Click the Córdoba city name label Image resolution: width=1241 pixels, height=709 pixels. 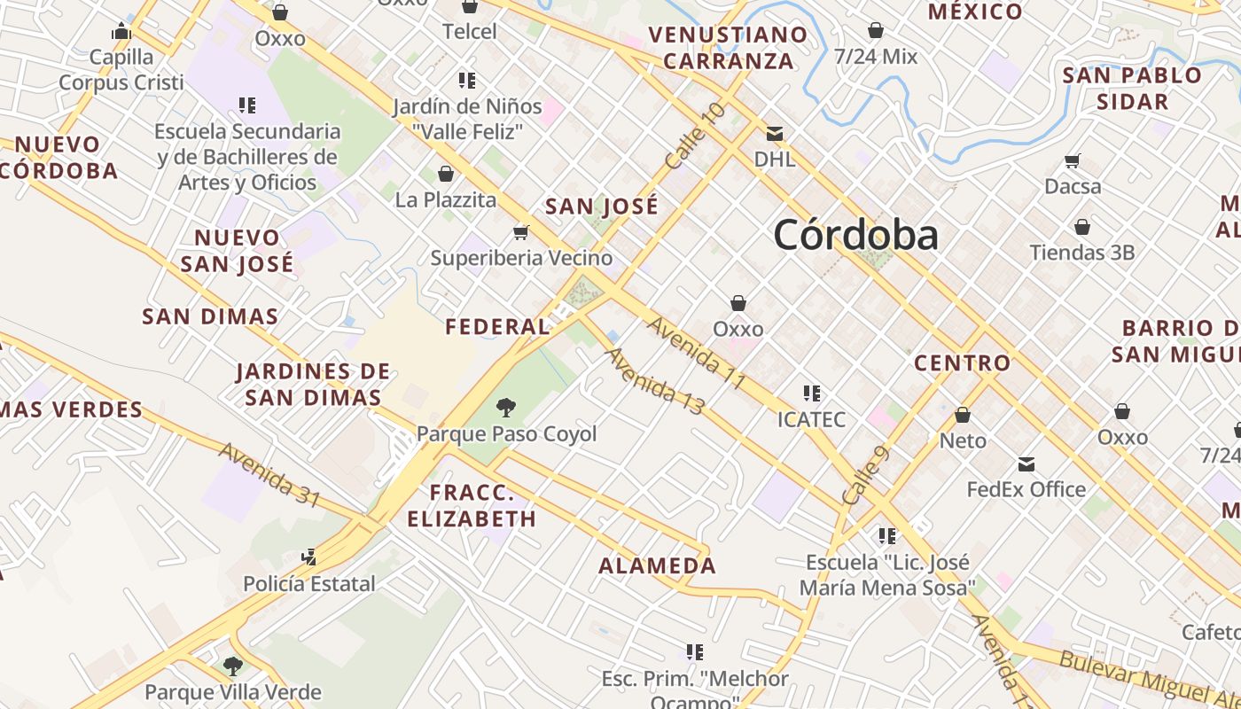click(x=855, y=235)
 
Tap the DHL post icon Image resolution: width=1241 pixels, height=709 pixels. click(x=775, y=134)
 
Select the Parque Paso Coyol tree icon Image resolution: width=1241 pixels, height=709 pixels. click(x=506, y=408)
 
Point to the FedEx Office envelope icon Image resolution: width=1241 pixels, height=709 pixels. click(x=1026, y=464)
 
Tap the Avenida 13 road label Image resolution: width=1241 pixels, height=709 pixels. click(x=655, y=381)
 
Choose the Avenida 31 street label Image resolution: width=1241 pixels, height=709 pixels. click(x=269, y=475)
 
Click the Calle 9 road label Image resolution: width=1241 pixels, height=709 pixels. click(x=865, y=476)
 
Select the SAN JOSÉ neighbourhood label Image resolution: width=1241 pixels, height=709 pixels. click(x=602, y=207)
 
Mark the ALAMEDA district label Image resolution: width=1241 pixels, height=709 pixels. click(x=657, y=565)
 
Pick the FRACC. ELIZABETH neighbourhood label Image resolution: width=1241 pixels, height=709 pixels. click(x=472, y=506)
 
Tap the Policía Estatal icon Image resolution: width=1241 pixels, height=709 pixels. click(x=309, y=557)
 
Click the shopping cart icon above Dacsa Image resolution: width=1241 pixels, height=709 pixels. click(x=1073, y=161)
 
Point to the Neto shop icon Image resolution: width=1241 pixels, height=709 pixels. click(x=963, y=414)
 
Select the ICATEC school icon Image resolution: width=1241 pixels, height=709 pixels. click(x=811, y=393)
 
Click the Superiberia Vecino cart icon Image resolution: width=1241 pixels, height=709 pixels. click(x=521, y=232)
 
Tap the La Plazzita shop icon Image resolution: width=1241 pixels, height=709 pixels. click(x=446, y=174)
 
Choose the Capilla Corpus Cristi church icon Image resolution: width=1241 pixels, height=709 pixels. click(x=121, y=32)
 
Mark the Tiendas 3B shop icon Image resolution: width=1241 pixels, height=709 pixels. click(x=1081, y=227)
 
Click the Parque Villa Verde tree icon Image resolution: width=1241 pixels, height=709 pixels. click(x=233, y=666)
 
